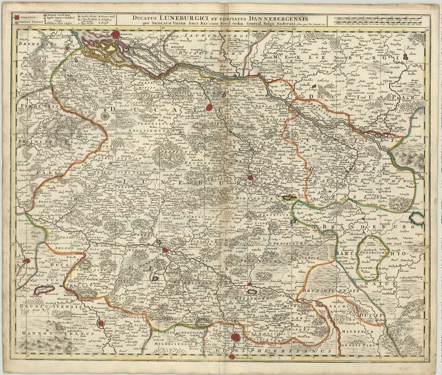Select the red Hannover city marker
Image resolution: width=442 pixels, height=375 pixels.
coord(100,325)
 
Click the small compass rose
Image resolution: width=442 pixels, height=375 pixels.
coord(104,115)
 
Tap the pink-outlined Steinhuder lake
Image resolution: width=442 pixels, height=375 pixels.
coord(43,289)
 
